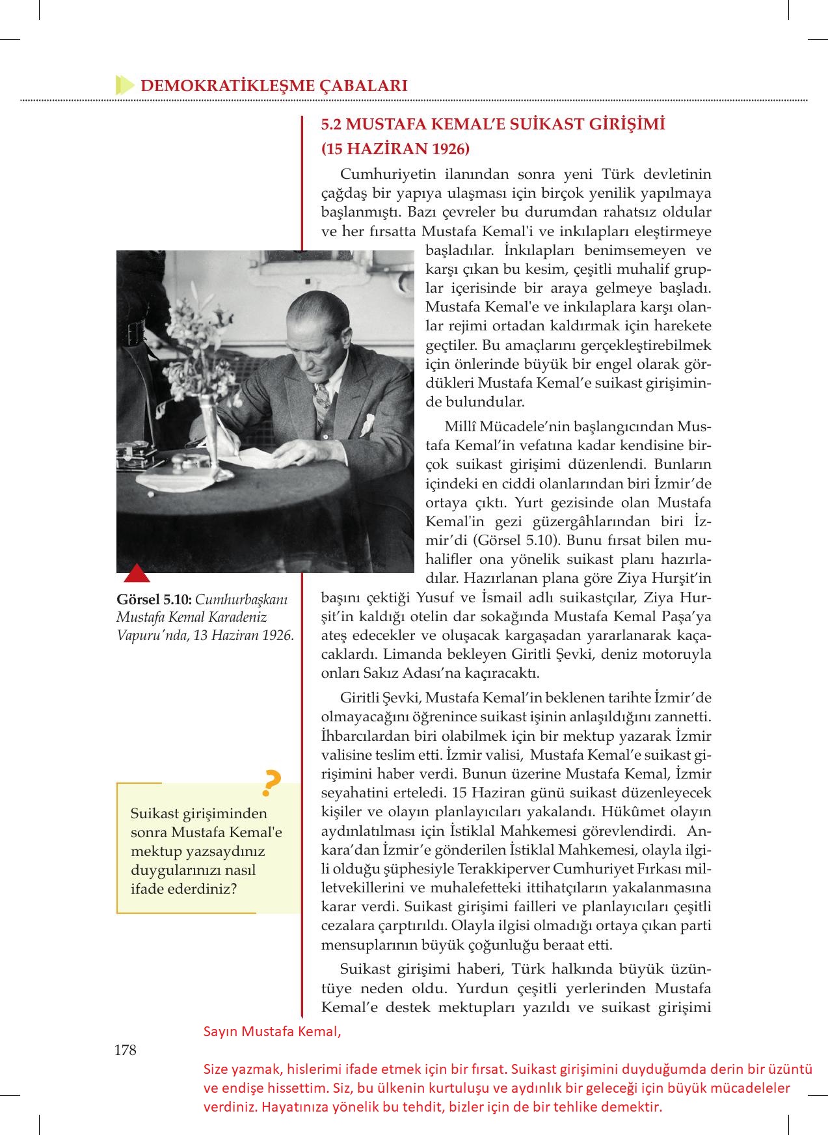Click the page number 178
(x=124, y=1049)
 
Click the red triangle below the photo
(x=137, y=574)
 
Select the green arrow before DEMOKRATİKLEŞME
(x=124, y=85)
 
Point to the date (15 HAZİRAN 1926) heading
(x=395, y=148)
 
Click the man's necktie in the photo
(x=321, y=397)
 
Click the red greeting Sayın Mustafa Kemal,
(x=272, y=1032)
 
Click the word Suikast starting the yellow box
(x=154, y=814)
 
